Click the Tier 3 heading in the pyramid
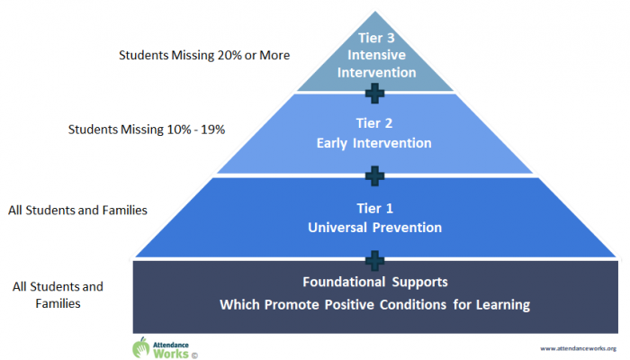tap(376, 38)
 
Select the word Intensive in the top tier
tap(376, 55)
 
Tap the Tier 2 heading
tap(374, 123)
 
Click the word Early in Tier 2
tap(331, 143)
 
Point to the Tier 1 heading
tap(375, 209)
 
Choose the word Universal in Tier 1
tap(337, 228)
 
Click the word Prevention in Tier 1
tap(407, 228)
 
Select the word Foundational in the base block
tap(344, 282)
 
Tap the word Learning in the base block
tap(503, 305)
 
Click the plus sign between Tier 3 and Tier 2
tap(375, 94)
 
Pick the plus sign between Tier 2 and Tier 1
tap(375, 176)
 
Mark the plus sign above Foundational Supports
tap(375, 261)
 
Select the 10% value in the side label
tap(179, 130)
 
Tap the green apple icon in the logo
tap(141, 347)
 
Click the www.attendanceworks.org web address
tap(578, 349)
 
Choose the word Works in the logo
tap(171, 354)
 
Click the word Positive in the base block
tap(349, 305)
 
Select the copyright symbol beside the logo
tap(194, 355)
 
